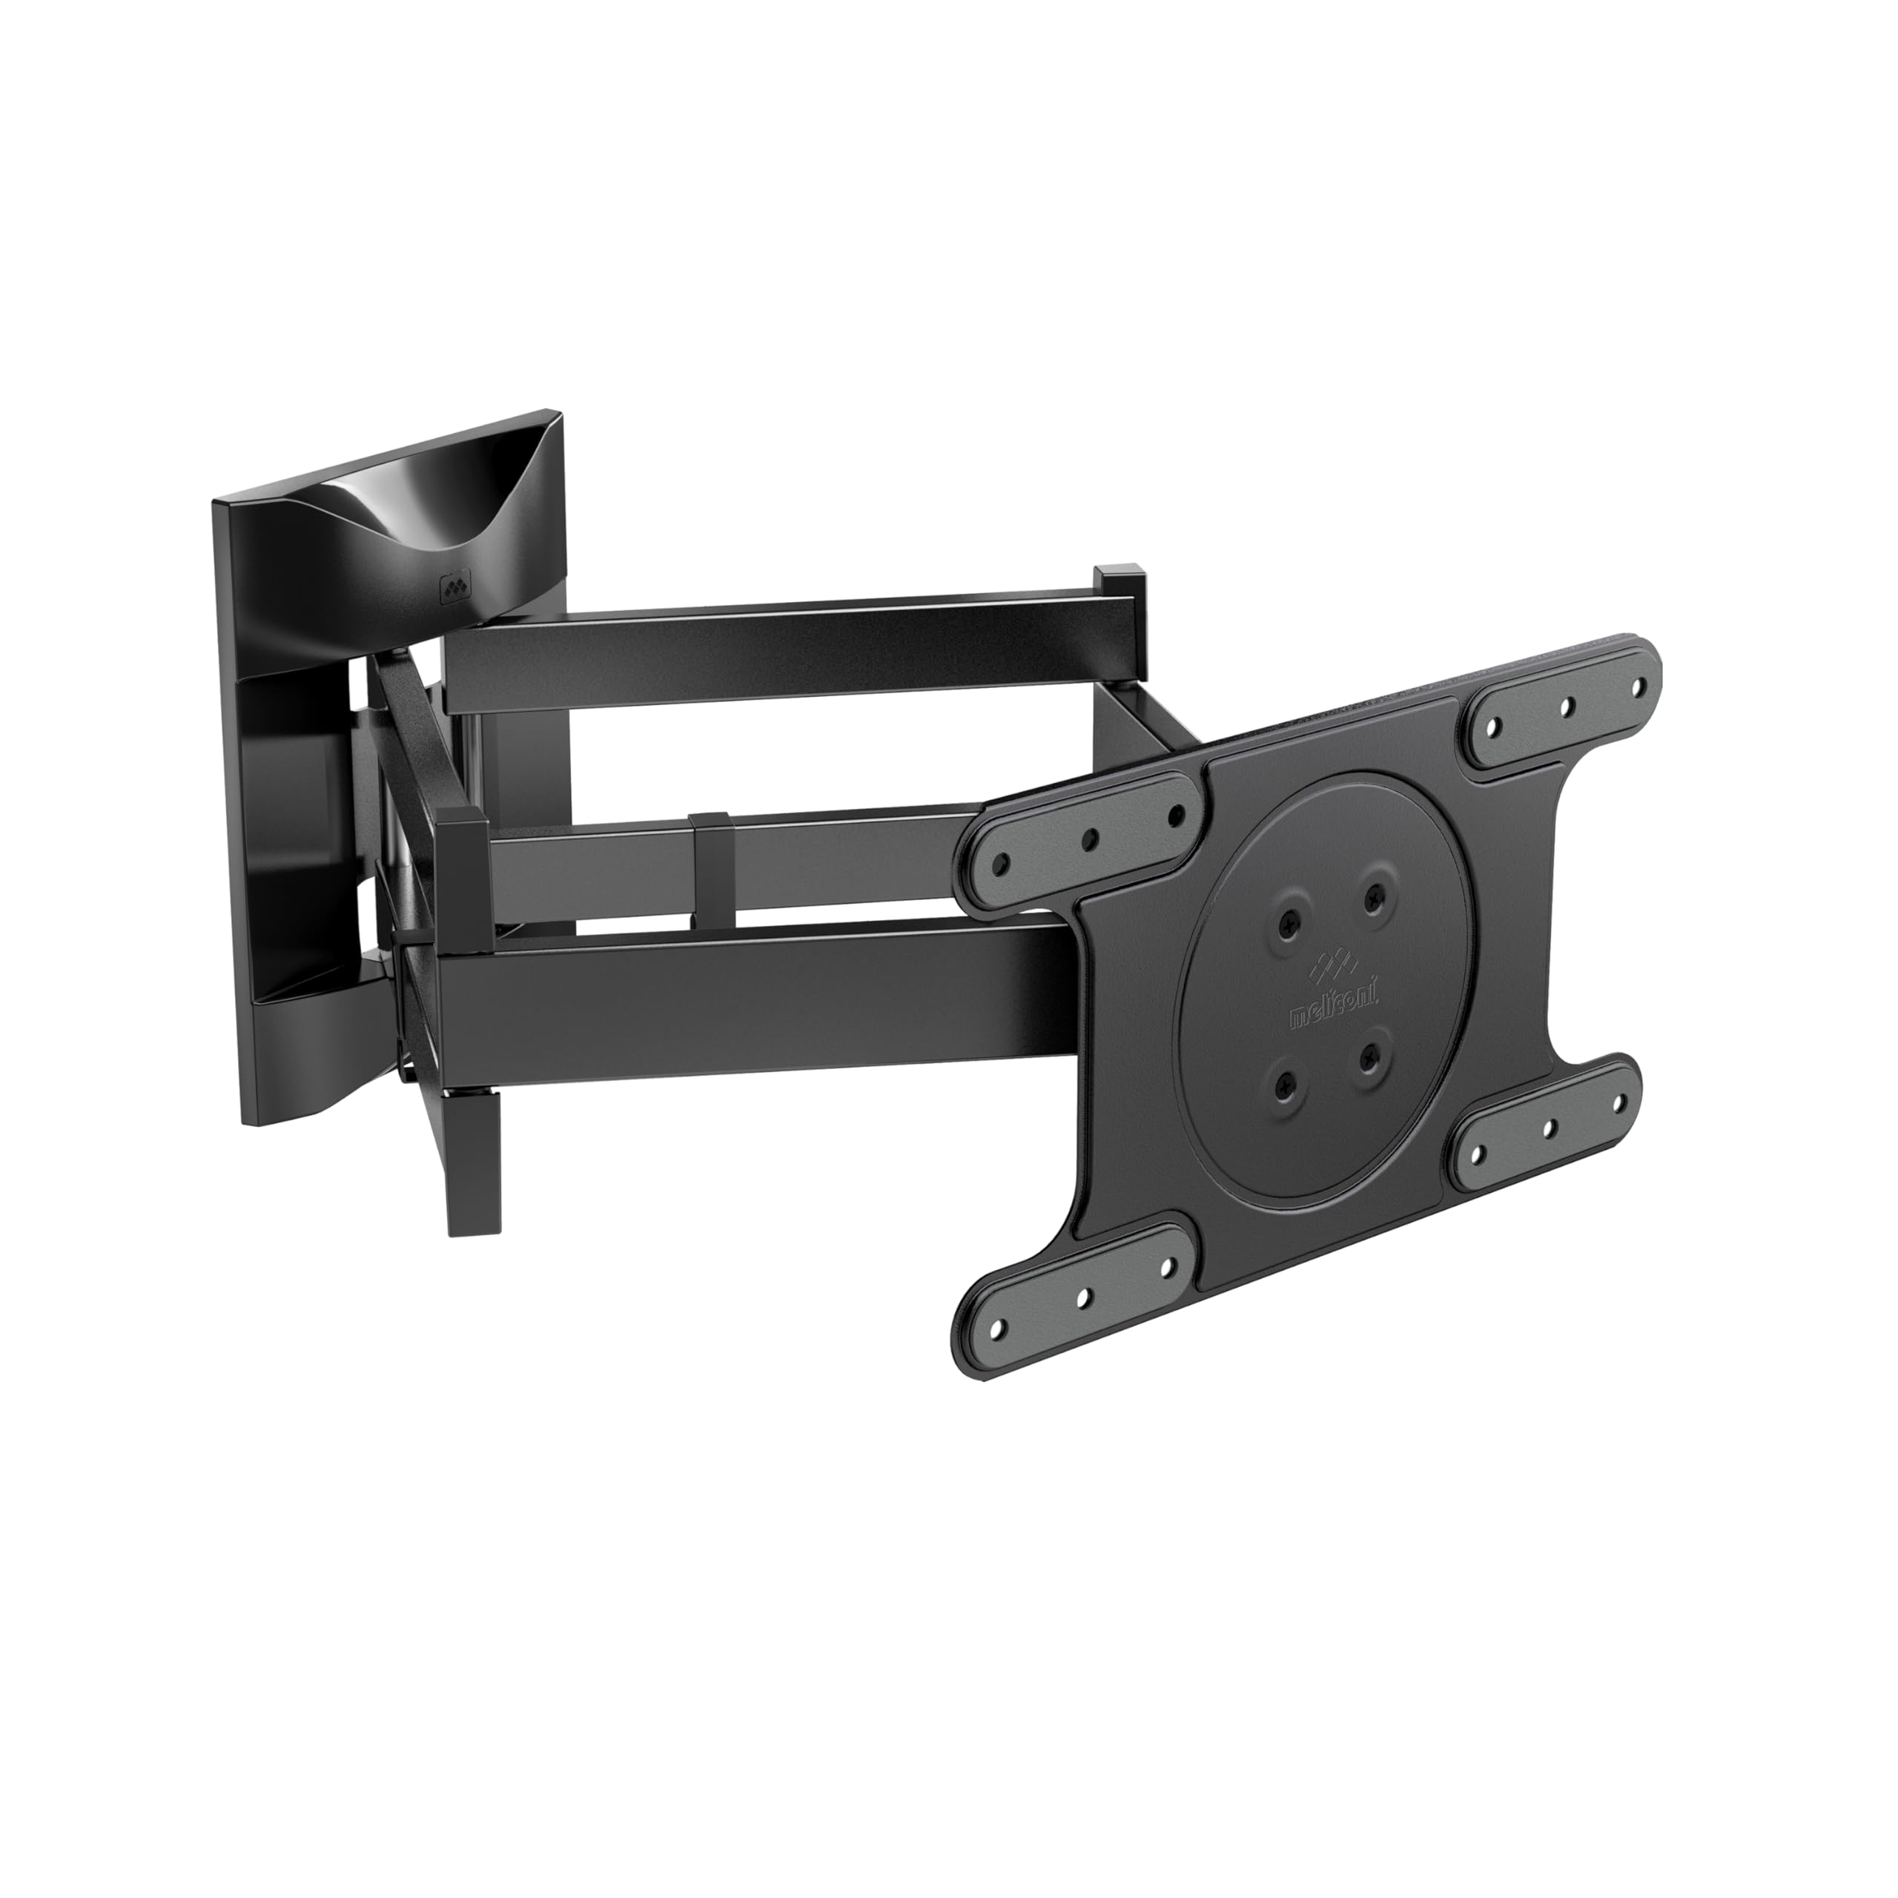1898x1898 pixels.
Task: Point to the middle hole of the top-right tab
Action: pyautogui.click(x=1568, y=704)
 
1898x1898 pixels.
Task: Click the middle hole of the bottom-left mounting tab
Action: pyautogui.click(x=1084, y=1297)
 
